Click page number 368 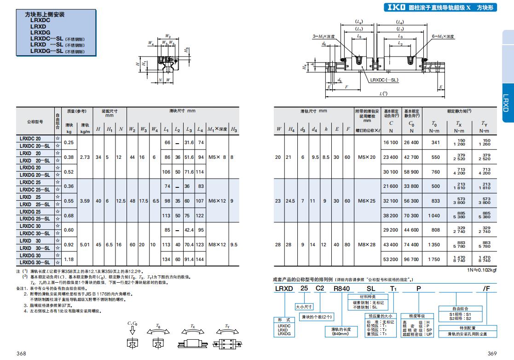[x=21, y=353]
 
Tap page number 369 [x=492, y=353]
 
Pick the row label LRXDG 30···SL [x=35, y=262]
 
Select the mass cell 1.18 [x=69, y=259]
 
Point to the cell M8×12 [x=217, y=244]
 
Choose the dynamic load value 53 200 [x=391, y=259]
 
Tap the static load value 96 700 [x=411, y=259]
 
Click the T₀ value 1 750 [x=434, y=259]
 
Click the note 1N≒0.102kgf [x=482, y=270]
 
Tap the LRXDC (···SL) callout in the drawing [x=384, y=80]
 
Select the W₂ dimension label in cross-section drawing [x=168, y=36]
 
